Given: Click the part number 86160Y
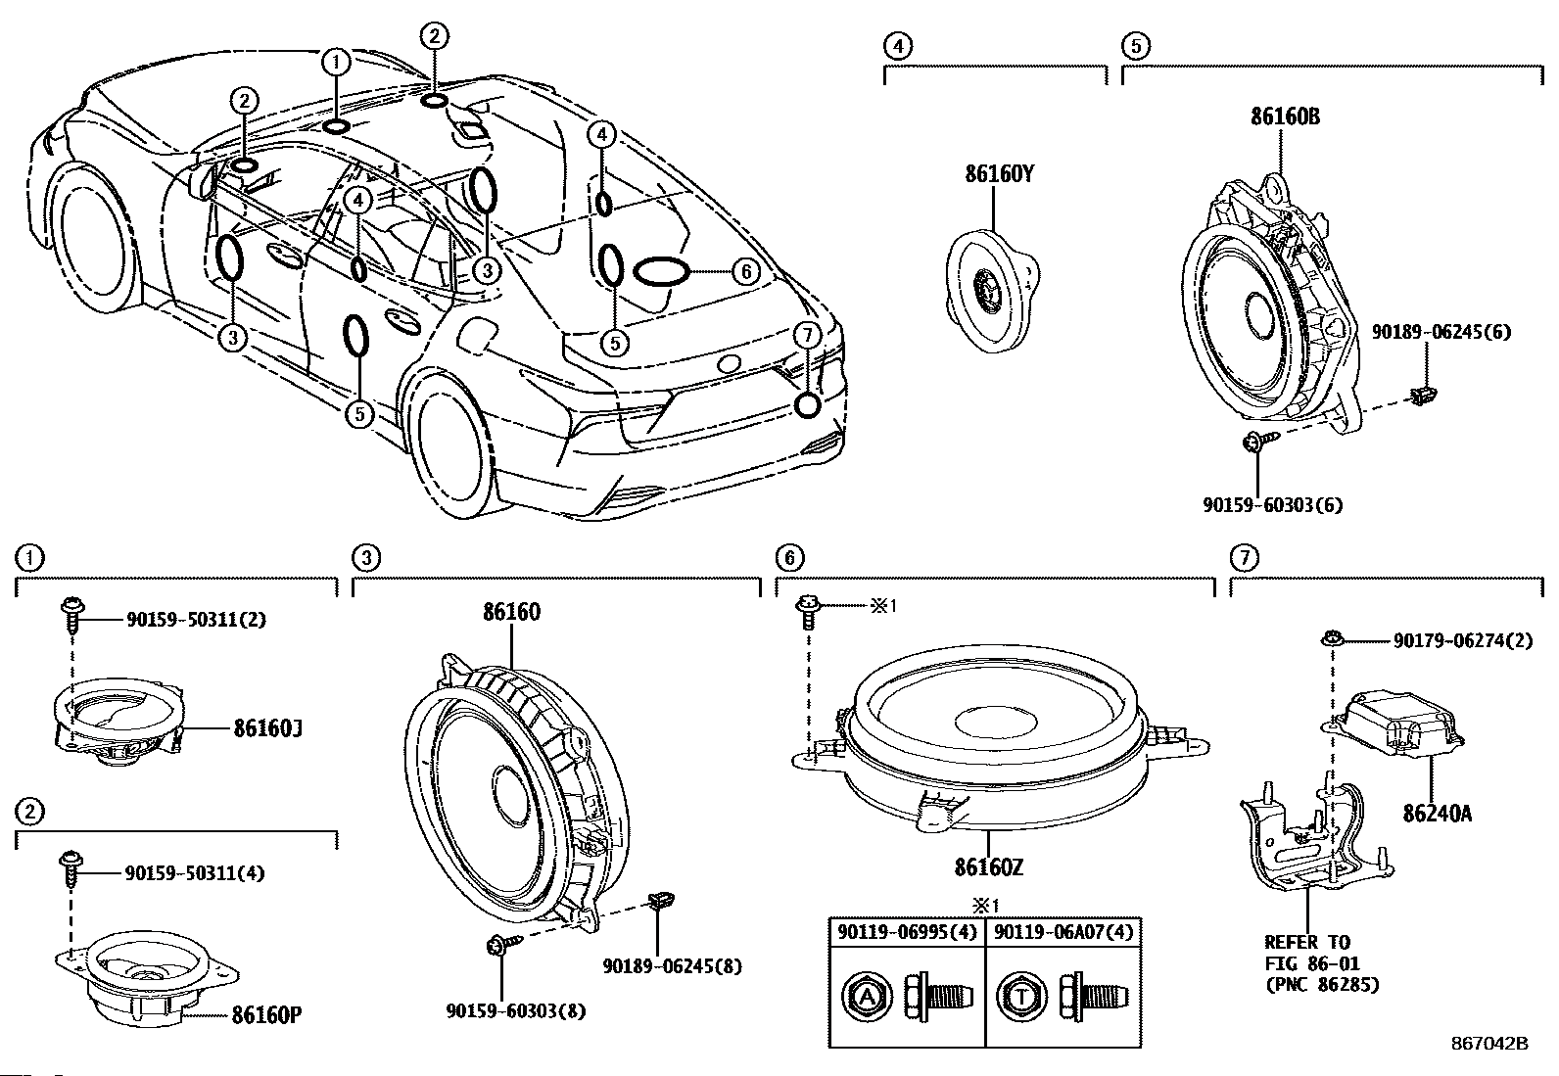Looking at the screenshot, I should click(x=999, y=175).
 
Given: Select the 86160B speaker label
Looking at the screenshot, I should click(x=1285, y=117).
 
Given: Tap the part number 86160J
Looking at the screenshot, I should click(x=265, y=728).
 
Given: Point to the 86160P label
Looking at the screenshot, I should click(x=266, y=1015).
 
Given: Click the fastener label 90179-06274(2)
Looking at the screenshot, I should click(x=1463, y=641).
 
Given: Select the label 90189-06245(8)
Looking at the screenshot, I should click(x=672, y=966).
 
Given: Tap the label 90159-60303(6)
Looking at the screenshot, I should click(x=1272, y=505).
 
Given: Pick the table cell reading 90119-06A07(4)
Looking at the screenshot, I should click(x=1063, y=932).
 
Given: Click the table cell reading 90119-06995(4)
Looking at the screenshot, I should click(x=906, y=932).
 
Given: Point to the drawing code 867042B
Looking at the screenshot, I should click(x=1489, y=1044).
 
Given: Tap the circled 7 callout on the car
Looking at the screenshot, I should click(x=806, y=335).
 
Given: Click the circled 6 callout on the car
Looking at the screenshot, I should click(x=745, y=271).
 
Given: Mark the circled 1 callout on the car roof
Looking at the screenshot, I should click(x=336, y=63).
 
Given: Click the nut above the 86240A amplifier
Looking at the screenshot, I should click(x=1330, y=639).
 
